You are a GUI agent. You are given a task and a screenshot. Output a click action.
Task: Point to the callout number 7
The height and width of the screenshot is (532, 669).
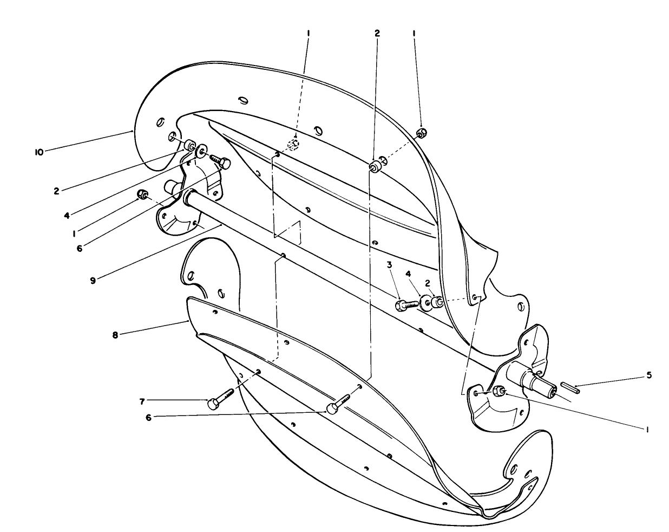tap(142, 401)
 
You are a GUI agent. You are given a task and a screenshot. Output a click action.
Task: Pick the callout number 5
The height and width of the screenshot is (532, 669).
tap(649, 374)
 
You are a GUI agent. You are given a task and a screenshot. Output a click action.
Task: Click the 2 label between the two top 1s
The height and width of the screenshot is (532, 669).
tap(377, 33)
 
